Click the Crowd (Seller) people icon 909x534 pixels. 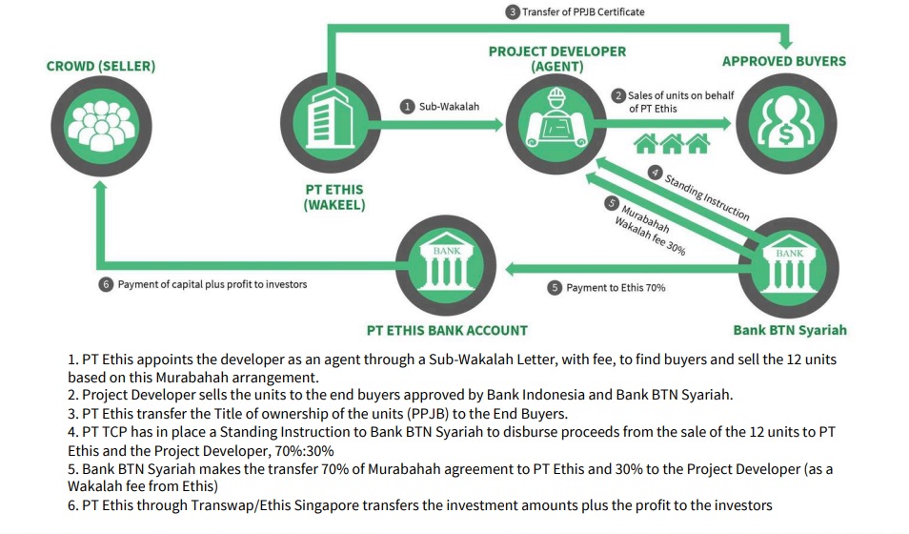[101, 125]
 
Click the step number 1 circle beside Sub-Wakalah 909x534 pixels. [408, 106]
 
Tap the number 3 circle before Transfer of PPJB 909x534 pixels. [512, 12]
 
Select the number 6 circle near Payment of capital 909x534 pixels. [106, 284]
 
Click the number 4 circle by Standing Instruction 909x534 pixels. [656, 173]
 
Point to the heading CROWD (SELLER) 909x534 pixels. [101, 66]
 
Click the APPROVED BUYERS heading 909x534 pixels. [784, 61]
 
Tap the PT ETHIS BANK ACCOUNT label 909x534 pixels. [447, 330]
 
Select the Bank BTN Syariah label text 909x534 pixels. [790, 330]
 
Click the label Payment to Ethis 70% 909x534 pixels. [616, 288]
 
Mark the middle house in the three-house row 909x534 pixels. [672, 143]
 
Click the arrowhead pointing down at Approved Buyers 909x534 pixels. [785, 42]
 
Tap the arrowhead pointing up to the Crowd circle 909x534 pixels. [100, 186]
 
